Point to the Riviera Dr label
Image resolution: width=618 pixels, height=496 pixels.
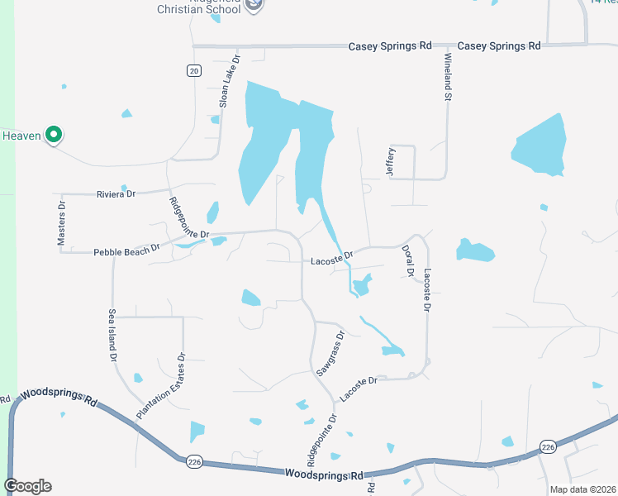[x=115, y=193]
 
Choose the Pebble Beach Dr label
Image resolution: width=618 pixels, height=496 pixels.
[x=126, y=250]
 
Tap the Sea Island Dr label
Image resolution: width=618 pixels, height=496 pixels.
[x=112, y=336]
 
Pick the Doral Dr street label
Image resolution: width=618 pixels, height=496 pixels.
[x=406, y=260]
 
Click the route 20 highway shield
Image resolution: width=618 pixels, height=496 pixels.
[x=193, y=72]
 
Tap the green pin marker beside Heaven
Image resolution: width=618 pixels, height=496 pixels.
[x=54, y=134]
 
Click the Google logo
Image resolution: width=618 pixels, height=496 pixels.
[x=27, y=486]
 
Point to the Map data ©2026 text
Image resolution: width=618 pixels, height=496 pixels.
[x=582, y=489]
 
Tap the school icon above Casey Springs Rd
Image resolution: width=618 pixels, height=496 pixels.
[x=255, y=4]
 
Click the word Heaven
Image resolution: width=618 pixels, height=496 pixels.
[x=21, y=136]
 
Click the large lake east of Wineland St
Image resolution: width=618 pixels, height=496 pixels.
[x=540, y=145]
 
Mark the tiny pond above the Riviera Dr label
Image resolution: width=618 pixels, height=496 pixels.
[x=124, y=188]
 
